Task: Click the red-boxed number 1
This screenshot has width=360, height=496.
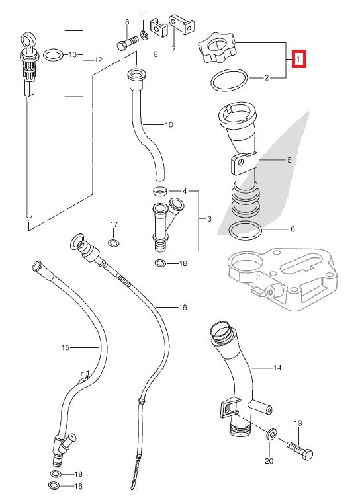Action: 298,60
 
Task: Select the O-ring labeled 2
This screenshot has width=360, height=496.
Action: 230,81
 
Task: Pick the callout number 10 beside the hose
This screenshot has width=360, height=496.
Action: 168,124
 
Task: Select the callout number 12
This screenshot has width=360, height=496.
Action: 98,60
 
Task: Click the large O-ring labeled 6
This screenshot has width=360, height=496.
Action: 245,231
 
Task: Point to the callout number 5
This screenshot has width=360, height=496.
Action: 289,159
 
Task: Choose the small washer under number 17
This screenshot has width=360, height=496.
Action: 114,244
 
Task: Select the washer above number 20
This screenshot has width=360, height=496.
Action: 271,435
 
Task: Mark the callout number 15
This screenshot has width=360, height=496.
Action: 65,347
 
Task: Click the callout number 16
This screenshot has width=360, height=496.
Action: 183,308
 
